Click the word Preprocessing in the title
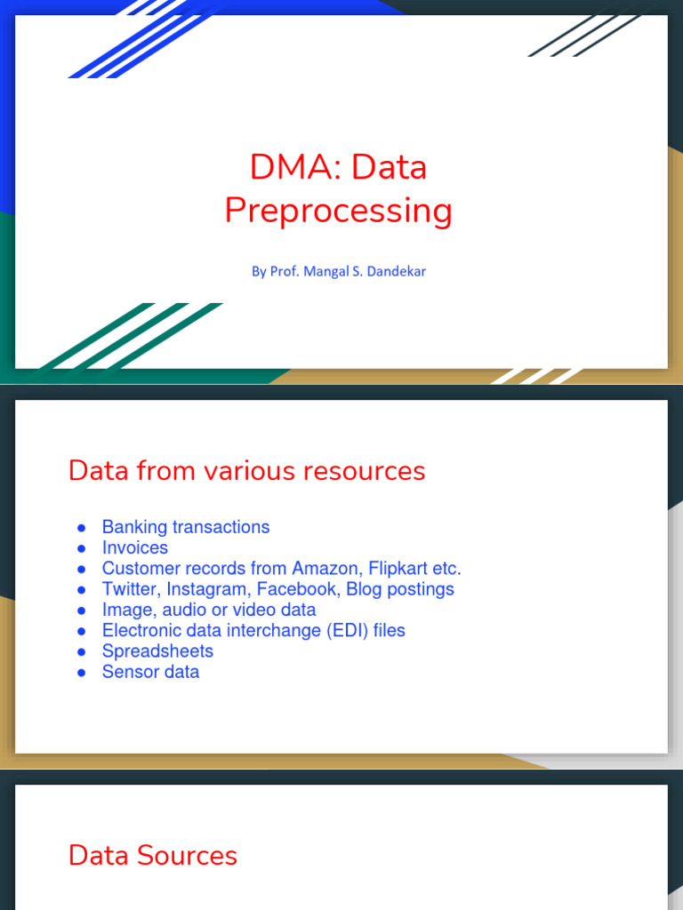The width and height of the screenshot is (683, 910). click(338, 212)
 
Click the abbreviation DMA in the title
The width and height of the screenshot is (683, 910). click(284, 167)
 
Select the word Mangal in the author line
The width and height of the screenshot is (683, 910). click(325, 271)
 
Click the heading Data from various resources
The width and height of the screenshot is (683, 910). click(246, 471)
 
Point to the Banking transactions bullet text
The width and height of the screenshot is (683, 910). click(185, 527)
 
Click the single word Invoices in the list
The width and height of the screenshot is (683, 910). click(134, 547)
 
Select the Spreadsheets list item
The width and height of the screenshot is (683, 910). click(157, 651)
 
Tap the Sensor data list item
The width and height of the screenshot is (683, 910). click(150, 672)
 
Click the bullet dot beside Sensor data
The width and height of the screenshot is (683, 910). click(81, 673)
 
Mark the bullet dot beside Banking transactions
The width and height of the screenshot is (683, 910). click(81, 528)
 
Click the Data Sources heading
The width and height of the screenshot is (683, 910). click(152, 856)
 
